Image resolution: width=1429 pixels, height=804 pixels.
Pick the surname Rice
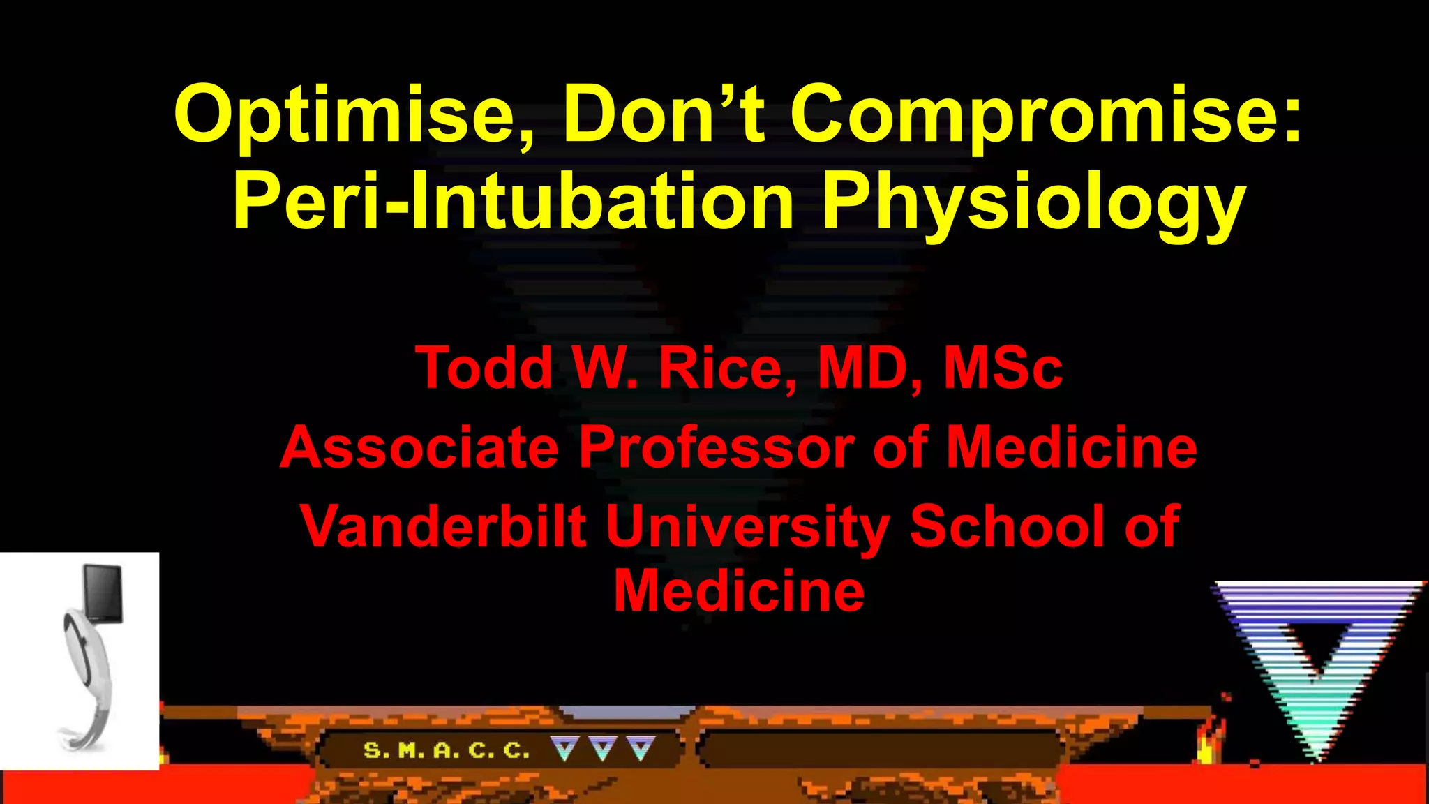(726, 368)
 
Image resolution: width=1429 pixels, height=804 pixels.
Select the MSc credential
(1003, 368)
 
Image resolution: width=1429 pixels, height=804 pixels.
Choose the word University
(747, 528)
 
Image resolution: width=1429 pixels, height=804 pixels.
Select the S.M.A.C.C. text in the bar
(447, 750)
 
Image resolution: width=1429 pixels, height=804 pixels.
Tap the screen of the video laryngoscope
(103, 593)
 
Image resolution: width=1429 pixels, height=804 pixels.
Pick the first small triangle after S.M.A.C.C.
(564, 749)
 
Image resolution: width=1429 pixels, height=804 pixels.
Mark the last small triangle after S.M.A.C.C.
(641, 749)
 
